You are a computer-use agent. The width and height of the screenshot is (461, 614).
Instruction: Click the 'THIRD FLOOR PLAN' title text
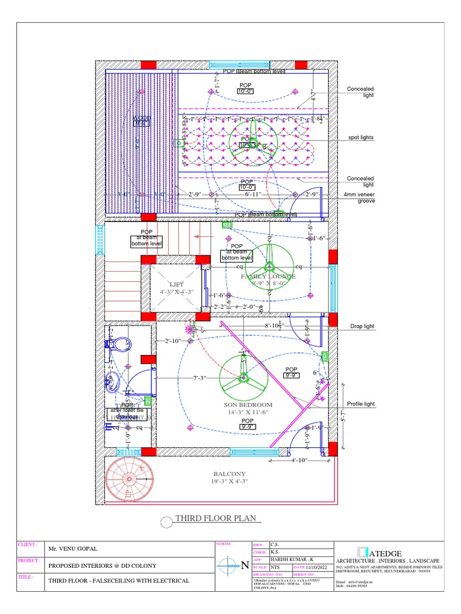coord(215,519)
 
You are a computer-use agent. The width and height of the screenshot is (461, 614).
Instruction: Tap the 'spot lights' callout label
coord(361,137)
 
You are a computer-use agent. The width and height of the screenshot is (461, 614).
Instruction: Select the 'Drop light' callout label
coord(362,326)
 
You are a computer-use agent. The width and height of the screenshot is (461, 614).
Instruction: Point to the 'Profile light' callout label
coord(361,404)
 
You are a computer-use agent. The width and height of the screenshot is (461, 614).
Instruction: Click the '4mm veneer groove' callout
coord(360,198)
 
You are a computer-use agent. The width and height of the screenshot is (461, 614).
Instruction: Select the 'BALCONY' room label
coord(229,474)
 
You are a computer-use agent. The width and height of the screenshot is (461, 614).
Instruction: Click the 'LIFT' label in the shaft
coord(177,284)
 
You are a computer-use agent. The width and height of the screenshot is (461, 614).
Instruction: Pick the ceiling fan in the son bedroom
coord(244,378)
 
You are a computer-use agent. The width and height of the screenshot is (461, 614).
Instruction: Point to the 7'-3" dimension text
coord(200,378)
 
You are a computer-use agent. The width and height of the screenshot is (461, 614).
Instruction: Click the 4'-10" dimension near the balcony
coord(300,460)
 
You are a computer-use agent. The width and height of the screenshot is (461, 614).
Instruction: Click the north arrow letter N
coord(244,565)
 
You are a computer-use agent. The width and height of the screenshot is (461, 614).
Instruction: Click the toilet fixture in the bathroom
coord(122,344)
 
